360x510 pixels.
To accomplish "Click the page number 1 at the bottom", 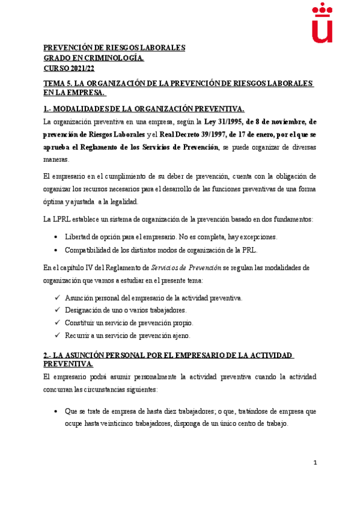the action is (x=315, y=462).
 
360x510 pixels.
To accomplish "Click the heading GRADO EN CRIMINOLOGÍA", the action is (x=94, y=58).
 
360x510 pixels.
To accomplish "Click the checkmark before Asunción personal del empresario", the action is (x=57, y=298).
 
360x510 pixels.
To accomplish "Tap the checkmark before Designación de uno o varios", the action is (x=57, y=310).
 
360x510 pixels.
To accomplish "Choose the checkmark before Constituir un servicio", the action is (x=57, y=322).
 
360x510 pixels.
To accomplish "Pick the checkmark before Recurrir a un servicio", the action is (x=57, y=335).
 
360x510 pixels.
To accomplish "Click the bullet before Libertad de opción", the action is (x=56, y=237).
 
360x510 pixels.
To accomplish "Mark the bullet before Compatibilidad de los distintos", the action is (x=56, y=250).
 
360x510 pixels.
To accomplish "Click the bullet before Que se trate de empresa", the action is (x=56, y=411).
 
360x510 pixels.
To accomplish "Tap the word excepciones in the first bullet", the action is (x=260, y=237).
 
